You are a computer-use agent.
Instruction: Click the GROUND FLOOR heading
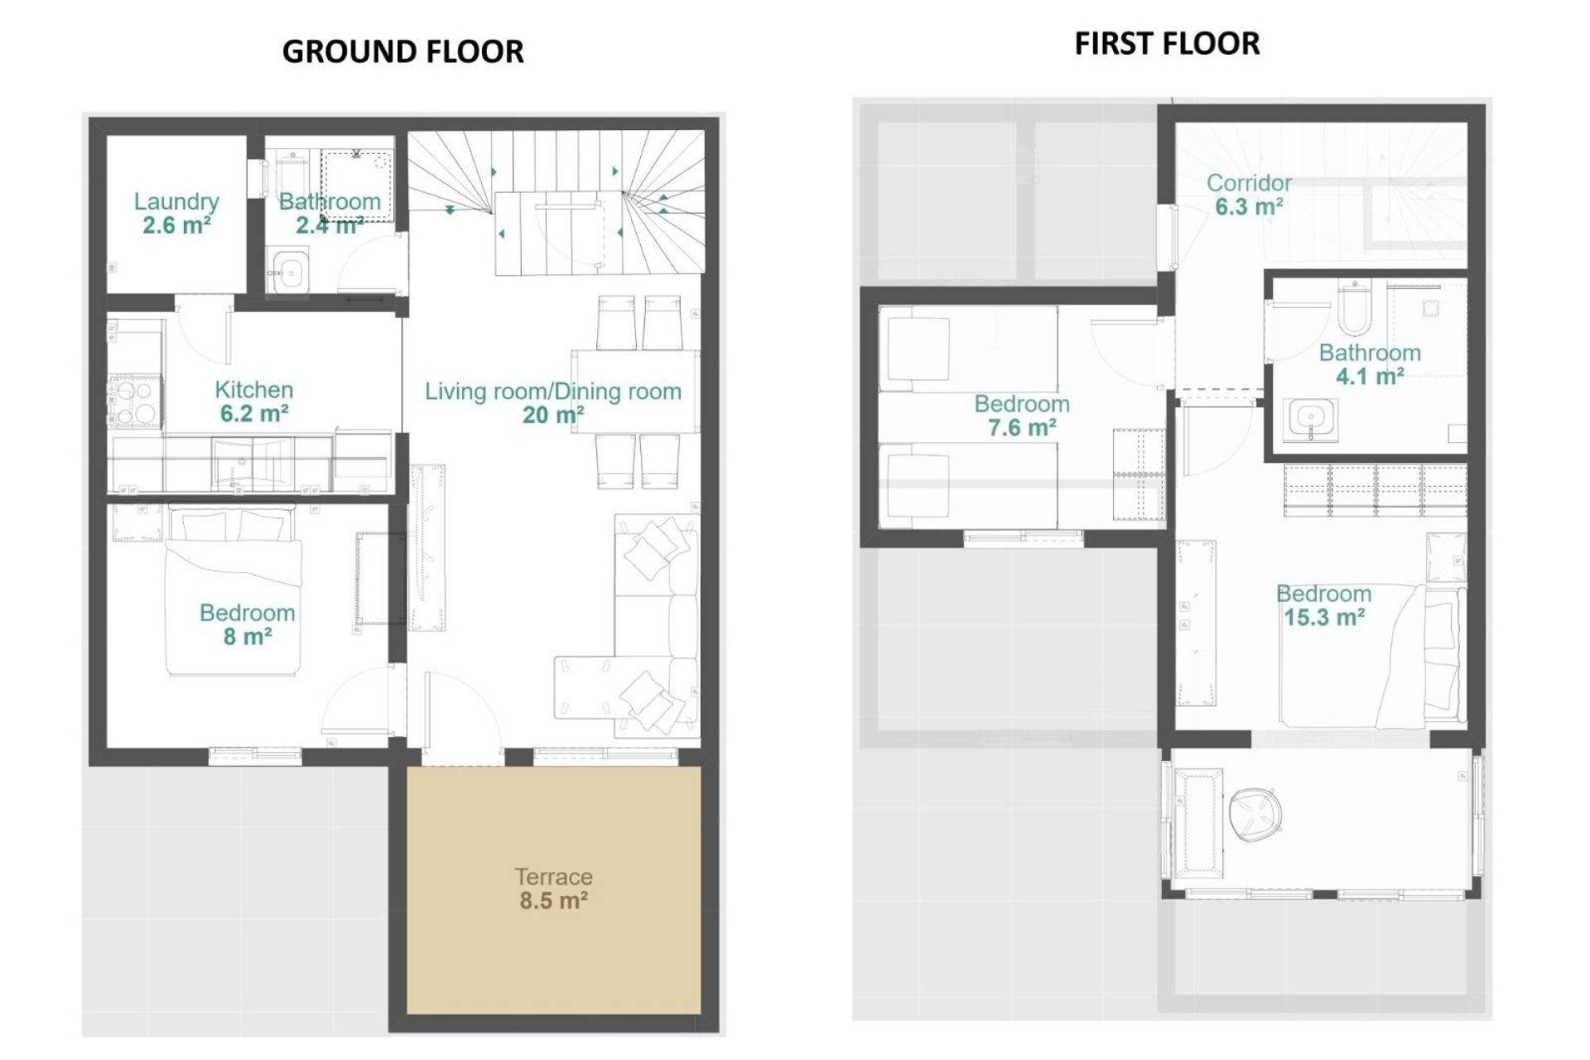402,51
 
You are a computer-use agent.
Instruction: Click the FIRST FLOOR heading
1167,43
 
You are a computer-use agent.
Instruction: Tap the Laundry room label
176,201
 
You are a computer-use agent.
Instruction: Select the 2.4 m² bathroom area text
330,225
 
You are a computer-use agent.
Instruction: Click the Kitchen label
253,389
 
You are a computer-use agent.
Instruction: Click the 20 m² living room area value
553,415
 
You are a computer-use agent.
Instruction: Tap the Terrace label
553,876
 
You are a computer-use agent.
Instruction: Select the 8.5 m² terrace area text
553,900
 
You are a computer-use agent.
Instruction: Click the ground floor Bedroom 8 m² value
247,637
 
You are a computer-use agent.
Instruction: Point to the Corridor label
1248,182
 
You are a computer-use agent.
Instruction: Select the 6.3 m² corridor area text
1248,206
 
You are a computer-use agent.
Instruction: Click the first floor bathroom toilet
1354,306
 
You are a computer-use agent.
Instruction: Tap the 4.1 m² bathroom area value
1369,377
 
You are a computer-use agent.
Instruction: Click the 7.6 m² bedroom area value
1021,428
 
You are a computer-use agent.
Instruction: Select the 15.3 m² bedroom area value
1323,618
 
